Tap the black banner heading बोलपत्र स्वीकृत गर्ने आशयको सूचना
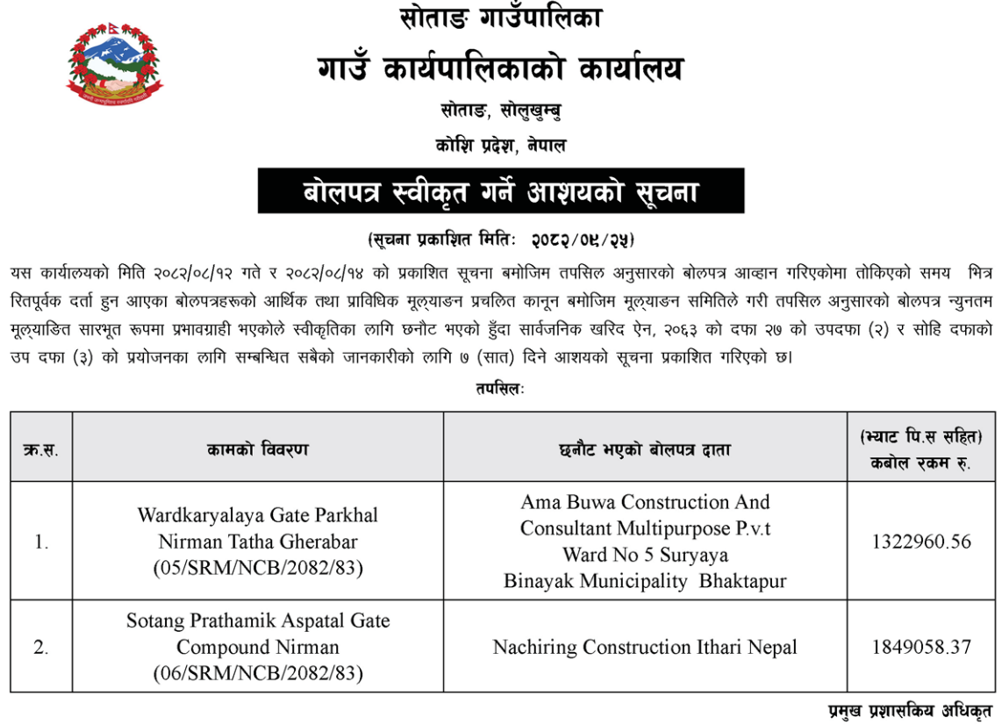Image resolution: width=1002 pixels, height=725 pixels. [x=500, y=190]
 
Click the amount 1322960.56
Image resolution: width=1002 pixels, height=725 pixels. [x=921, y=542]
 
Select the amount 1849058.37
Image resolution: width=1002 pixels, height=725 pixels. [x=921, y=648]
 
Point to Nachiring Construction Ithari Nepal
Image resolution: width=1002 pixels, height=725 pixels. [x=645, y=648]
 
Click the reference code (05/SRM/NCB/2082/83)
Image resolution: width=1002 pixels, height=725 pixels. [x=258, y=569]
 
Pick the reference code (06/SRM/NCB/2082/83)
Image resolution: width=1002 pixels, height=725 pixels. [x=258, y=674]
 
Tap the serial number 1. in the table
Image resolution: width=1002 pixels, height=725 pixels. [x=41, y=542]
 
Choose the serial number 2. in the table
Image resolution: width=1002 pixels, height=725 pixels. [x=41, y=648]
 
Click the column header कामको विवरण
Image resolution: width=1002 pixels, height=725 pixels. [x=258, y=449]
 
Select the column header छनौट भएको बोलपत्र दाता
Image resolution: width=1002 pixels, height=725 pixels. [x=645, y=449]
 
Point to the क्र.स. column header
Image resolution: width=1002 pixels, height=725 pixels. [x=41, y=450]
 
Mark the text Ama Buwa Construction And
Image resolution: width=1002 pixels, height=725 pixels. [x=645, y=502]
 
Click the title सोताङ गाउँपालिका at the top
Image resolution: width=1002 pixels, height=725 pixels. [x=500, y=17]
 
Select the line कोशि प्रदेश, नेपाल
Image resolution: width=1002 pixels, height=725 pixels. [x=500, y=146]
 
